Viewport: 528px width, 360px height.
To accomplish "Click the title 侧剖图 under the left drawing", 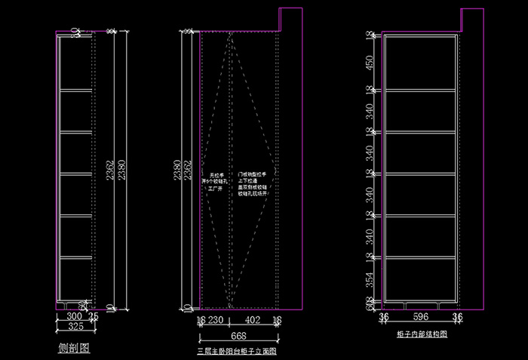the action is point(74,349).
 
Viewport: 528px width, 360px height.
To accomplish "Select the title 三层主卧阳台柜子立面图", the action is point(237,351).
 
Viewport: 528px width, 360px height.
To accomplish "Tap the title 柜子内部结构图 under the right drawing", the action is point(422,333).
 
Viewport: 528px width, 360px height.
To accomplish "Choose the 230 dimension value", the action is point(217,321).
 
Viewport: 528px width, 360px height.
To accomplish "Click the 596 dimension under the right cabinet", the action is point(420,318).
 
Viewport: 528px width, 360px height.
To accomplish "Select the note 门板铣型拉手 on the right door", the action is point(253,174).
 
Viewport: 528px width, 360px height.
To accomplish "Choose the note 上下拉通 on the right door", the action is point(250,181).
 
